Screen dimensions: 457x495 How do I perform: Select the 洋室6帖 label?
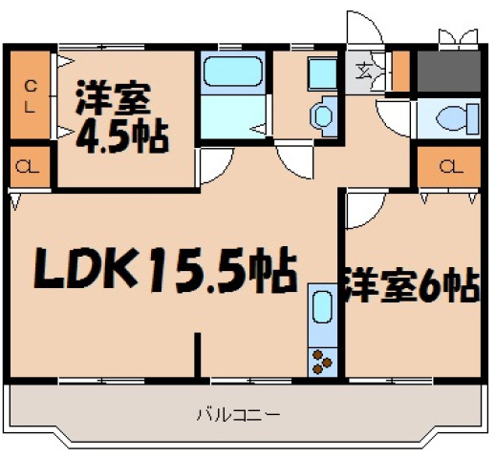(x=410, y=286)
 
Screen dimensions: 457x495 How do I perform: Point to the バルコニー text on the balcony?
(x=238, y=415)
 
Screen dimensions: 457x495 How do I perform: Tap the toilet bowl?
(x=450, y=118)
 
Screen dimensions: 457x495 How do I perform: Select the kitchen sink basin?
(x=322, y=311)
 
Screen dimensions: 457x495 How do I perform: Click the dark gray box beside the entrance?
(x=448, y=69)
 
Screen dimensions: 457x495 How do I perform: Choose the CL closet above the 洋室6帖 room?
(x=447, y=169)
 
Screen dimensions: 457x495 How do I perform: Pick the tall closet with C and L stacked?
(x=30, y=94)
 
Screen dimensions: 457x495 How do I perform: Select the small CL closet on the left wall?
(x=29, y=169)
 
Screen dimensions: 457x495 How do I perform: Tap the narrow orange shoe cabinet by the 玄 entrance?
(x=401, y=70)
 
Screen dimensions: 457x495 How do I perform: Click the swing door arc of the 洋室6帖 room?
(x=363, y=213)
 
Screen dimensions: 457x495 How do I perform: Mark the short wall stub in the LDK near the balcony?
(x=200, y=355)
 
